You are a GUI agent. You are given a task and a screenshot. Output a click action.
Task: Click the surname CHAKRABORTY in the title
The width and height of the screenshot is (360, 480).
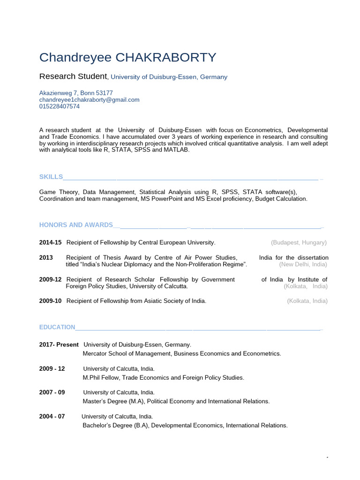tap(166, 58)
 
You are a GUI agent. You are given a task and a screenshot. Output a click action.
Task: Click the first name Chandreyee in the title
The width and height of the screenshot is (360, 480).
tap(75, 58)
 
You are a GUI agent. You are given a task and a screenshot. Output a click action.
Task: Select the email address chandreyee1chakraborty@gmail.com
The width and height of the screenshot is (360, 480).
tap(89, 100)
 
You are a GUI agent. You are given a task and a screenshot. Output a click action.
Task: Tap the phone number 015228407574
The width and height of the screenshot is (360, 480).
tap(60, 106)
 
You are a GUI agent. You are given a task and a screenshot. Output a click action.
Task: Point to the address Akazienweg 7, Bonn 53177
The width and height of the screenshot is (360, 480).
tap(76, 93)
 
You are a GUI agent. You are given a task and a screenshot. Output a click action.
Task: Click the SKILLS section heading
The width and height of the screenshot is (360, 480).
tap(51, 177)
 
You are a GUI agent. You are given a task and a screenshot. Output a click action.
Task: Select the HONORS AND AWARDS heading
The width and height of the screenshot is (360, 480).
tap(76, 225)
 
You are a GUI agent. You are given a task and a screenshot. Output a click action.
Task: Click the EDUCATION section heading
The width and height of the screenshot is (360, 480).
tap(57, 327)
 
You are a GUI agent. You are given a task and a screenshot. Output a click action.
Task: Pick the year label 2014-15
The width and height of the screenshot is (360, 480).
tap(50, 242)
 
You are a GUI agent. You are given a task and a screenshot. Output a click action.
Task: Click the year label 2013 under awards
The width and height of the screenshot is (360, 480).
tap(46, 258)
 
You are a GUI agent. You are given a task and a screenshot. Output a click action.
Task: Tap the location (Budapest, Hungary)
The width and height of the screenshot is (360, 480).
tap(299, 242)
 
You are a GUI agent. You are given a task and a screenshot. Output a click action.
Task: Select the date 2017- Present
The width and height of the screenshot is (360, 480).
tap(59, 345)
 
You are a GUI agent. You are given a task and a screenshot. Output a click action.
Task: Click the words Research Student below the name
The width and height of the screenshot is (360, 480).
tap(73, 76)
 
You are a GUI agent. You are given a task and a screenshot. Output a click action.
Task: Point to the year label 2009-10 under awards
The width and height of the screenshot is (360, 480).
tap(50, 301)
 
